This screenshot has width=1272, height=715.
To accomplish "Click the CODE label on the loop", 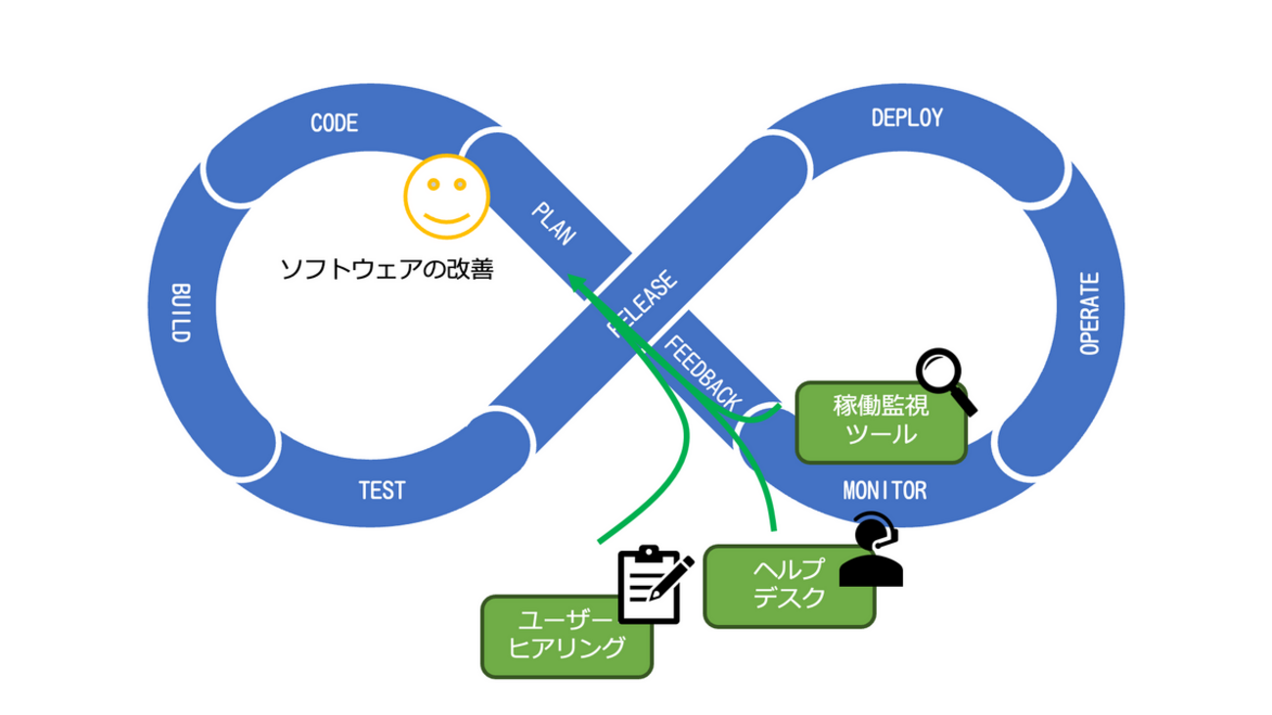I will click(x=335, y=123).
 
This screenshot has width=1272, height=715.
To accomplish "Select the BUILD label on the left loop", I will click(x=180, y=313).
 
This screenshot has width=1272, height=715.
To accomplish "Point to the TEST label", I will click(x=381, y=490).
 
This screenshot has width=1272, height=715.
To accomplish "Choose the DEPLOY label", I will click(x=906, y=117).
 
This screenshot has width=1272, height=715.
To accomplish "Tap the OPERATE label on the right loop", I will click(x=1091, y=313).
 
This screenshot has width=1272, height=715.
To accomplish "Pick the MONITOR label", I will click(x=885, y=489).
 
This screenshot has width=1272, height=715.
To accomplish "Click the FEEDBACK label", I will click(x=703, y=373).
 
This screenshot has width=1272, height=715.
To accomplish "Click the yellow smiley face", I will click(x=446, y=197).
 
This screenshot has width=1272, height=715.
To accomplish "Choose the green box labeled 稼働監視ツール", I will click(x=881, y=421).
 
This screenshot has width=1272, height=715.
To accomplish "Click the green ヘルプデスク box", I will click(x=789, y=586).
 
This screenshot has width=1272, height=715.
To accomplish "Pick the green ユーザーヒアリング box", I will click(x=567, y=636).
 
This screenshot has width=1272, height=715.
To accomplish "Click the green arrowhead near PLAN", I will click(x=578, y=285).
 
